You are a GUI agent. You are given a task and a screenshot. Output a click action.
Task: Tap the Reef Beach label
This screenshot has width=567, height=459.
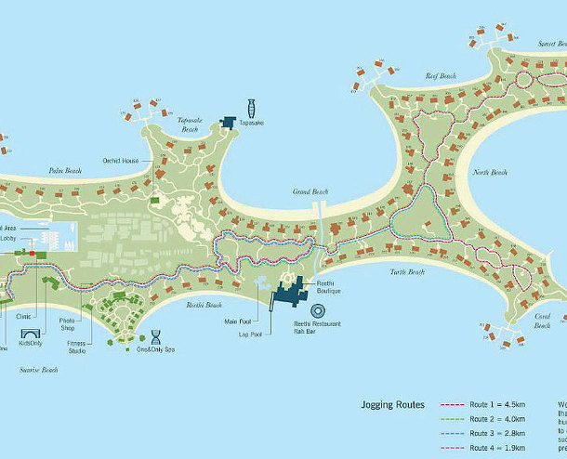(x=442, y=75)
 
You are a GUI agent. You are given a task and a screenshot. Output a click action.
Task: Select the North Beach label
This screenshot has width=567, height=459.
(x=490, y=173)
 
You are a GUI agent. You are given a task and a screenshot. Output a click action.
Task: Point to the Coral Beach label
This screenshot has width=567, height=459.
(x=542, y=321)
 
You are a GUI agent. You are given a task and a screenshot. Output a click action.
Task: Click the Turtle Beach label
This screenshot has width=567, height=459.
(x=406, y=271)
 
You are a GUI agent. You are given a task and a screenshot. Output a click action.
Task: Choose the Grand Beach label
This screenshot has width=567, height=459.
(x=310, y=191)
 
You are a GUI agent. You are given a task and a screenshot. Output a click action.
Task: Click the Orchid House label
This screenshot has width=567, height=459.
(x=122, y=161)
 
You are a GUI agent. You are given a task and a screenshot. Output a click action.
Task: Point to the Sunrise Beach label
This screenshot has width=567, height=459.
(x=39, y=370)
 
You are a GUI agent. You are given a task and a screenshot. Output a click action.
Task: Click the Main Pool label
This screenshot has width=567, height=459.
(x=238, y=321)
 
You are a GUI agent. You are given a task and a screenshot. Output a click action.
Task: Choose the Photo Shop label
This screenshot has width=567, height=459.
(x=67, y=324)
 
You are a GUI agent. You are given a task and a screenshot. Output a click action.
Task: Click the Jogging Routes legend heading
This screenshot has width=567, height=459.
(x=393, y=405)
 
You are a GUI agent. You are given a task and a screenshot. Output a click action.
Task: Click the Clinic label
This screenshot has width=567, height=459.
(x=24, y=316)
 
